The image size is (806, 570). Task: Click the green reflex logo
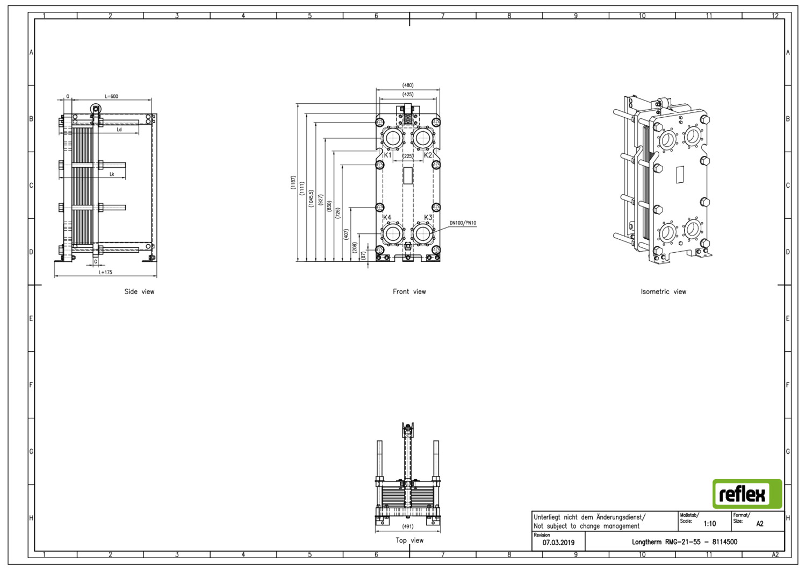(747, 494)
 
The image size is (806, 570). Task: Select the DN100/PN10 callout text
(463, 223)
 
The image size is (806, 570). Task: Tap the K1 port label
(387, 155)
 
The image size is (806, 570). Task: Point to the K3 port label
(428, 217)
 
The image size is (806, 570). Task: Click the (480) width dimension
(408, 85)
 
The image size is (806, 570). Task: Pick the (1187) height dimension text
(293, 182)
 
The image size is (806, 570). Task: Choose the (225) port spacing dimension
(408, 156)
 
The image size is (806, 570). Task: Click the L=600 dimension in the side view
(112, 96)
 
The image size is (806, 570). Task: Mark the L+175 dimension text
(105, 272)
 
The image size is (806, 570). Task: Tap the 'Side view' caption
(139, 291)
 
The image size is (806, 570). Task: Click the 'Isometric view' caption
(663, 291)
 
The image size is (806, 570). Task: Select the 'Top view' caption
(409, 540)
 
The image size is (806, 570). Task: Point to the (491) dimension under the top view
(408, 526)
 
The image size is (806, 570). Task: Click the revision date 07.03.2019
(558, 543)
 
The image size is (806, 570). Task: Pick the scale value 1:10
(710, 524)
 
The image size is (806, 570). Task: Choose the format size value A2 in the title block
(760, 524)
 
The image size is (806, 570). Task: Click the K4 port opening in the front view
(393, 234)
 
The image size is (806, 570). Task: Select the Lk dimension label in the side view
(112, 174)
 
